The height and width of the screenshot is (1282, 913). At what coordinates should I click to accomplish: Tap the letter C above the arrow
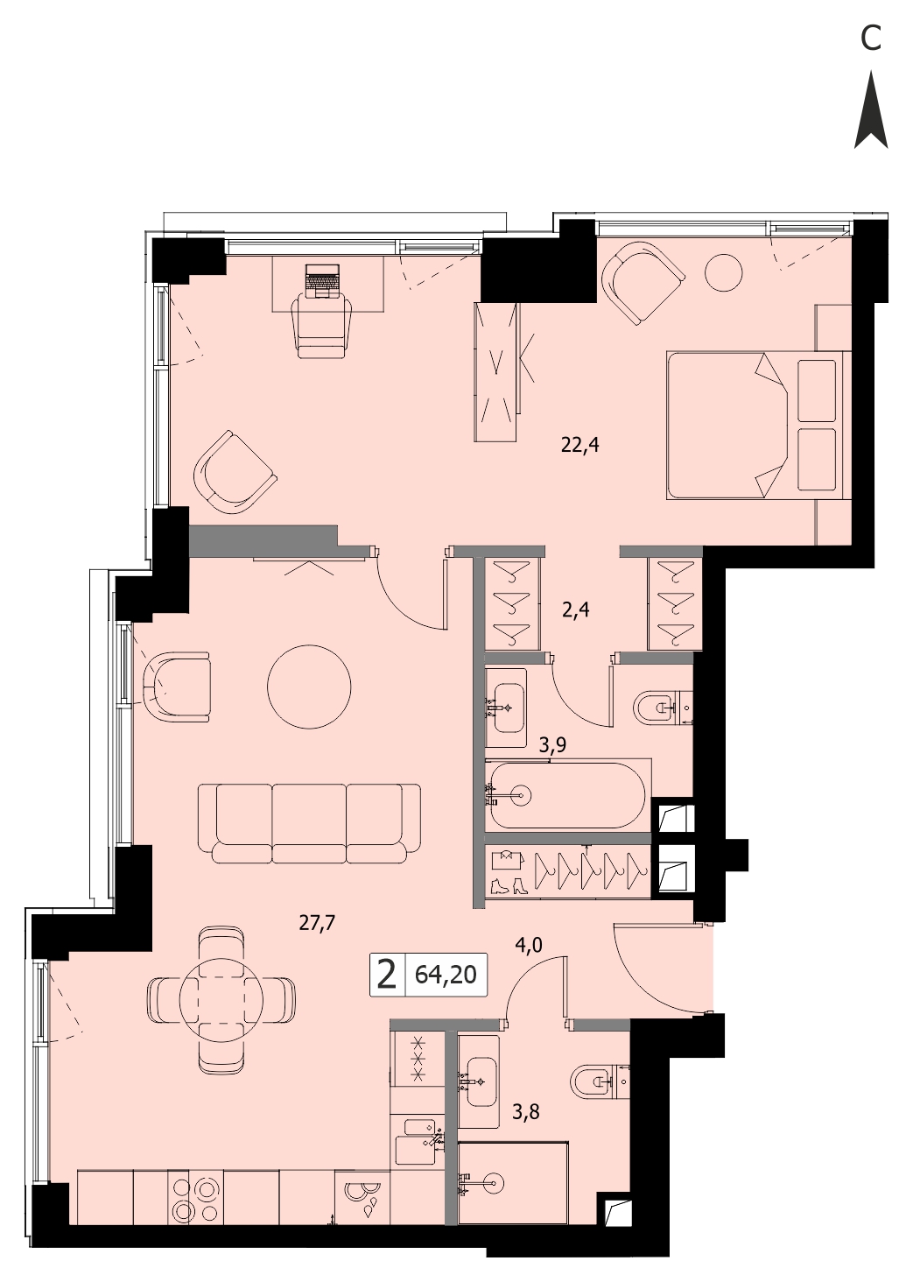(x=871, y=39)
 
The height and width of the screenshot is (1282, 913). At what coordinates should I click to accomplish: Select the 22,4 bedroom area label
(x=580, y=445)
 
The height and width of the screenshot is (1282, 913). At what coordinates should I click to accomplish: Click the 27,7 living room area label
(x=318, y=923)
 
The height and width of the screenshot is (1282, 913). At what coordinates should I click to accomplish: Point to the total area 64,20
(x=446, y=975)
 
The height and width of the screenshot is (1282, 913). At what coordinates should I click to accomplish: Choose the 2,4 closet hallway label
(x=575, y=610)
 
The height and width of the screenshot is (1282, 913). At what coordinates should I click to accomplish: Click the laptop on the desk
(x=323, y=281)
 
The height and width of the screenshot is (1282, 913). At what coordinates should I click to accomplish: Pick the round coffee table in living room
(x=310, y=687)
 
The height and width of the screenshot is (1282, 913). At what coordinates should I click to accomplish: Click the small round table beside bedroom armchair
(x=724, y=271)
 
